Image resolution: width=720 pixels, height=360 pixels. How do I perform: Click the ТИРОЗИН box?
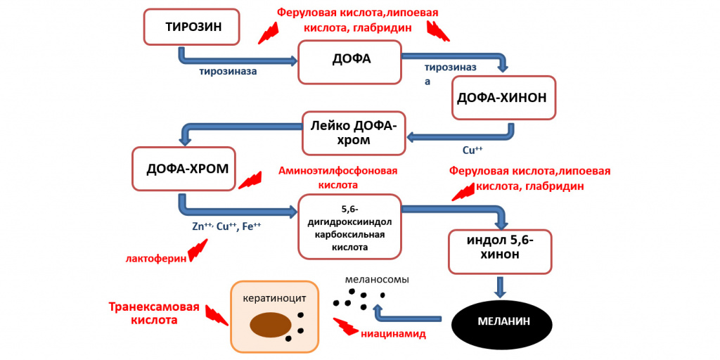(193, 27)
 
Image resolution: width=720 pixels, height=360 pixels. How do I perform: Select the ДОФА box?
(350, 62)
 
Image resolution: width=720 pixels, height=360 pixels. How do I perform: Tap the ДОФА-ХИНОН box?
(503, 98)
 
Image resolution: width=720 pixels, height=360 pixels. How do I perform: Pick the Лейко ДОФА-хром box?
(354, 133)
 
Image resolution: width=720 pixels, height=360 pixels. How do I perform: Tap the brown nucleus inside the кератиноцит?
(271, 325)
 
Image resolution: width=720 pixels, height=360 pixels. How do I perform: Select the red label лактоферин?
(156, 259)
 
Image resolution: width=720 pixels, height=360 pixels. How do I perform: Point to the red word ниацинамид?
(394, 334)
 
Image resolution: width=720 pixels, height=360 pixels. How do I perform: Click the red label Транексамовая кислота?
(154, 313)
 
